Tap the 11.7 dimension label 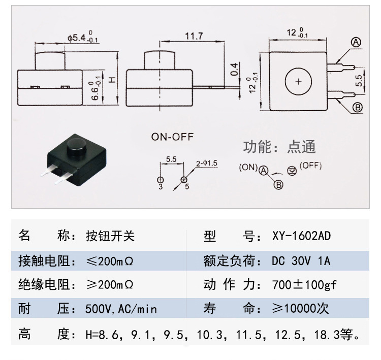pos(194,36)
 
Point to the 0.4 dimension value pos(234,70)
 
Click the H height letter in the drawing pos(112,80)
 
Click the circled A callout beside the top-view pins pos(356,43)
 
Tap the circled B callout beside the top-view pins pos(358,107)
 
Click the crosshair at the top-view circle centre pos(298,82)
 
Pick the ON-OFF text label pos(172,137)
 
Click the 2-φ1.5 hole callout pos(207,163)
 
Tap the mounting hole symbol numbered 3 pos(161,180)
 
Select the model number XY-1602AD pos(301,236)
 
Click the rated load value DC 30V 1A pos(301,261)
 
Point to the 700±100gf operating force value pos(304,285)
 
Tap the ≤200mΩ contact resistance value pos(110,261)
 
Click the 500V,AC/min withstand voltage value pos(121,309)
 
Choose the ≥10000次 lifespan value pos(300,309)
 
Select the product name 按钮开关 pos(110,236)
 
